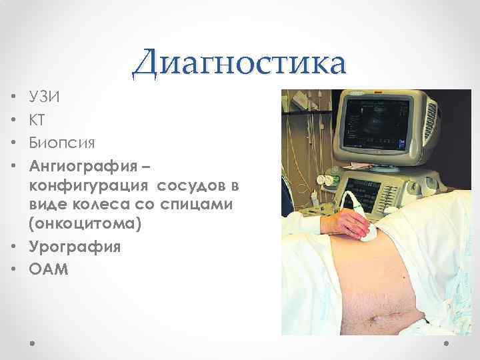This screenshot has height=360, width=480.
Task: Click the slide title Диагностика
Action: pos(239,65)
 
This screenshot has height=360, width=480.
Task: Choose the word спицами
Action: pos(201,204)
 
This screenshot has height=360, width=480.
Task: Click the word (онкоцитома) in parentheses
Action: pos(85,225)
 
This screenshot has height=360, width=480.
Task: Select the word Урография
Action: pos(75,247)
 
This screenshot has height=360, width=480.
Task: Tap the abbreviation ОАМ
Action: pos(49,268)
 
